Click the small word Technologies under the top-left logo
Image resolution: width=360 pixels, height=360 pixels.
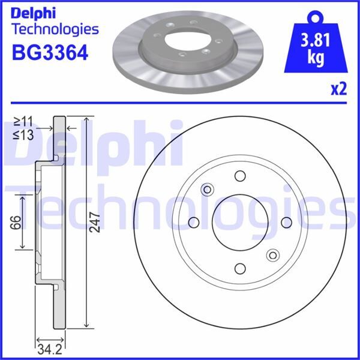click(55, 28)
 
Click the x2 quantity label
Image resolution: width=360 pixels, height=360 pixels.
click(338, 90)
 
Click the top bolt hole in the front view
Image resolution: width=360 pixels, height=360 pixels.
click(240, 176)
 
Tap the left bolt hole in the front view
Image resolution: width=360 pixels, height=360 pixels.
click(194, 223)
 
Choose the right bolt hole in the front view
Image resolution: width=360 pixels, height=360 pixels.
click(286, 223)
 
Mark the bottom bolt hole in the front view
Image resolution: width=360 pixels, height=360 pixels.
click(240, 268)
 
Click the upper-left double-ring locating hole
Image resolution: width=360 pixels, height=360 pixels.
click(208, 190)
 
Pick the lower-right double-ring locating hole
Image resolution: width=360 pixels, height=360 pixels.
click(272, 254)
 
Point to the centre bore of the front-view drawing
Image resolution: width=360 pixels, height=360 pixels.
click(240, 223)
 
